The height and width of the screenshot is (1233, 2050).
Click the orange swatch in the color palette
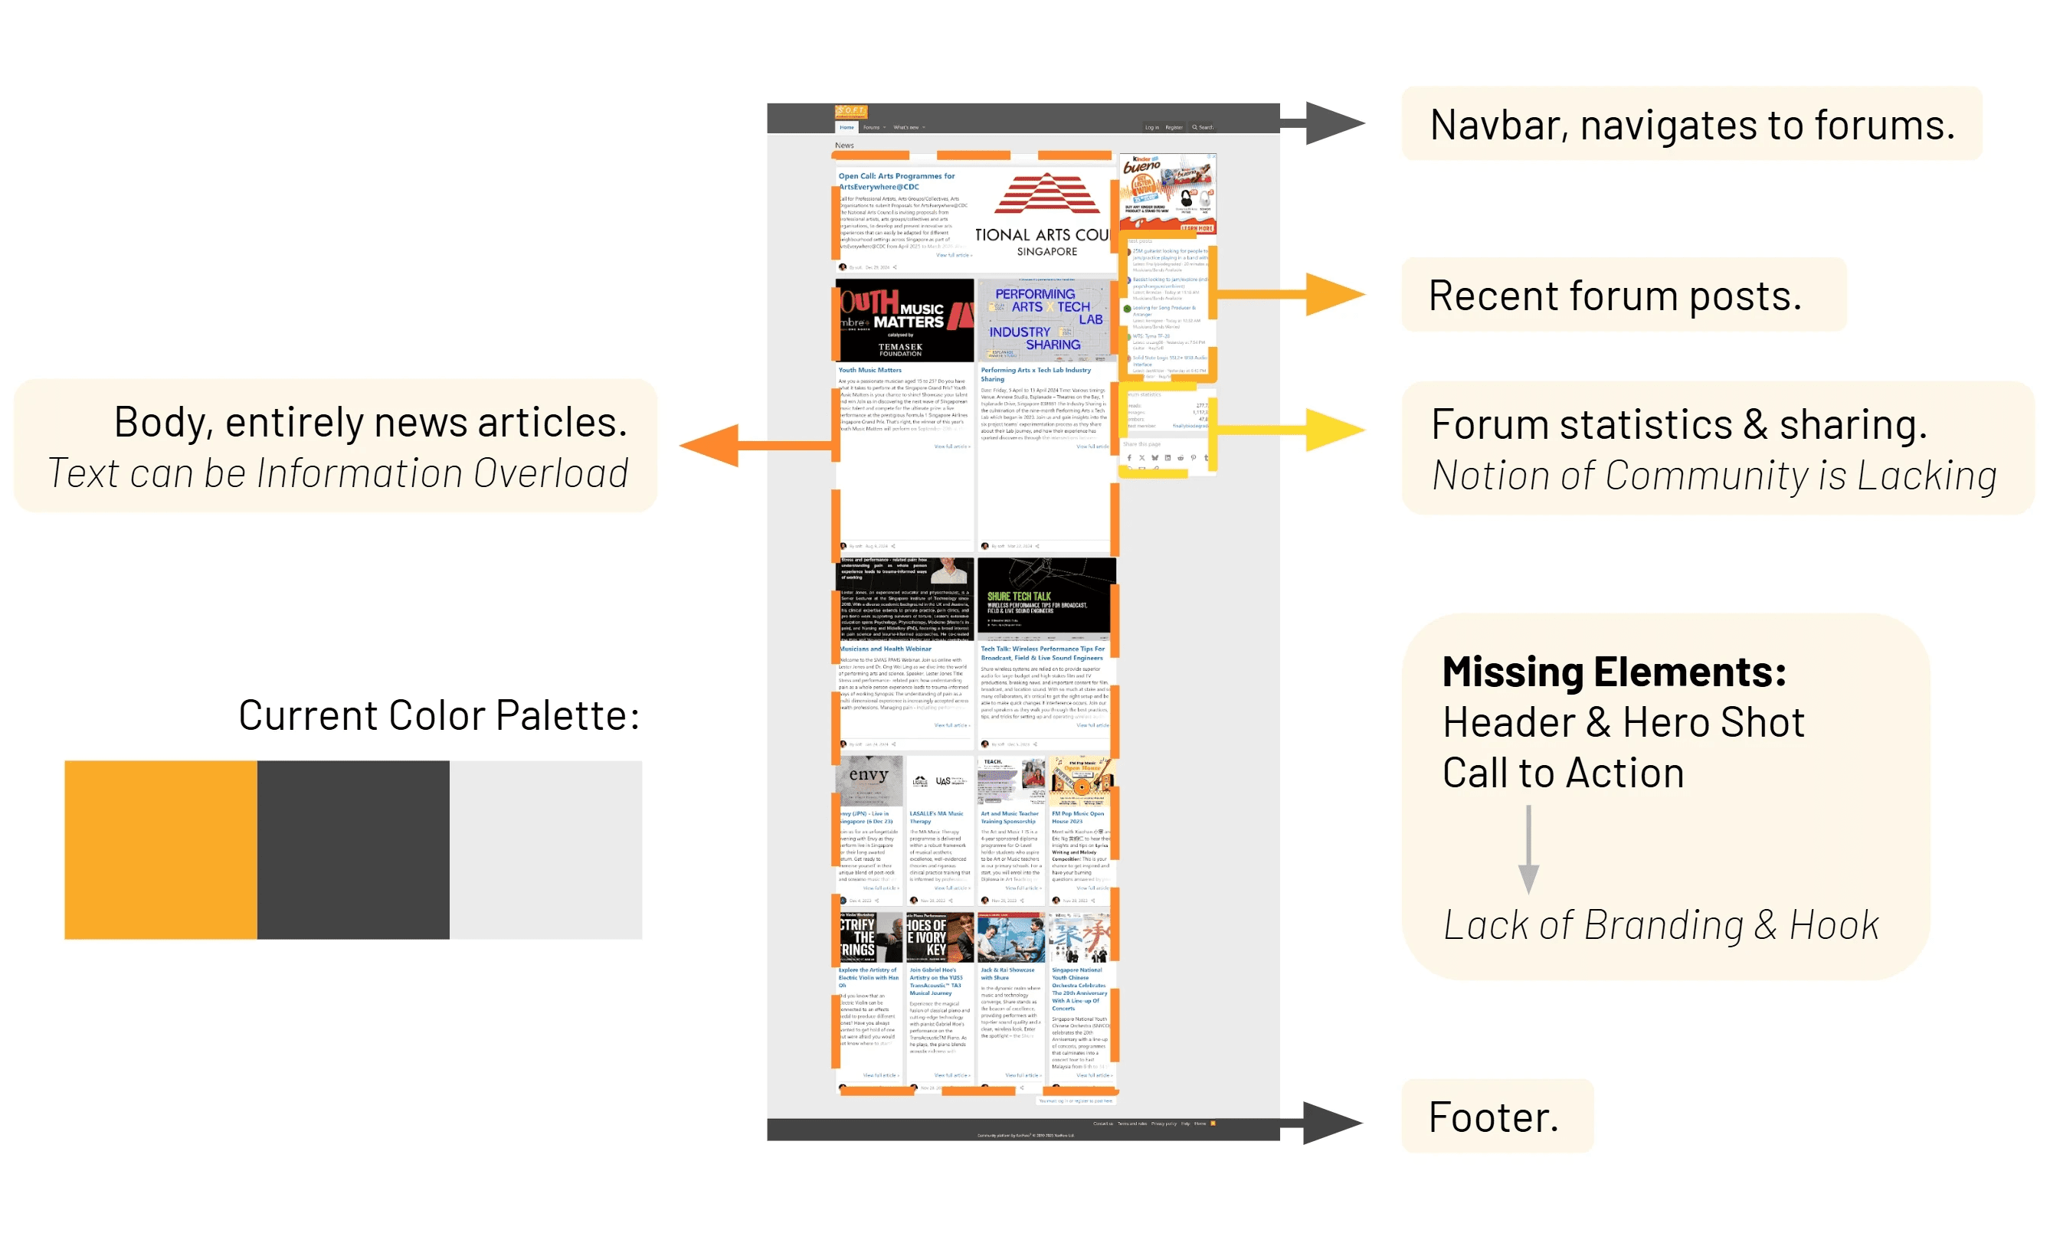click(x=160, y=849)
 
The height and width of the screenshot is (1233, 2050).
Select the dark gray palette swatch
click(x=352, y=849)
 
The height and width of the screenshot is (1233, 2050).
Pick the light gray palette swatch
click(x=545, y=849)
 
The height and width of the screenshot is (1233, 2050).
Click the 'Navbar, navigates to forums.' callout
click(x=1690, y=125)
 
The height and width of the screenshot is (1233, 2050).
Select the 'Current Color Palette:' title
click(x=439, y=715)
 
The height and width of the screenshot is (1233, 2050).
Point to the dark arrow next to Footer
click(x=1321, y=1123)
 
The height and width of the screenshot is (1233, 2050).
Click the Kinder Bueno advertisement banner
click(x=1167, y=193)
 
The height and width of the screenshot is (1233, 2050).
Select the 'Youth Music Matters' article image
click(x=904, y=321)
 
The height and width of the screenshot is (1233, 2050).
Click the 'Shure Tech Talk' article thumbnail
click(x=1046, y=596)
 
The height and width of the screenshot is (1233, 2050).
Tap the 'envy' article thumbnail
click(x=869, y=780)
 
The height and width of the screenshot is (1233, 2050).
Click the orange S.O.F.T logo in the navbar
click(x=850, y=111)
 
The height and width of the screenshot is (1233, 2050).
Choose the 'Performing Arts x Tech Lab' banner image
click(x=1046, y=321)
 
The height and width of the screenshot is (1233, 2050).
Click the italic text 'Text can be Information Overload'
click(x=337, y=473)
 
